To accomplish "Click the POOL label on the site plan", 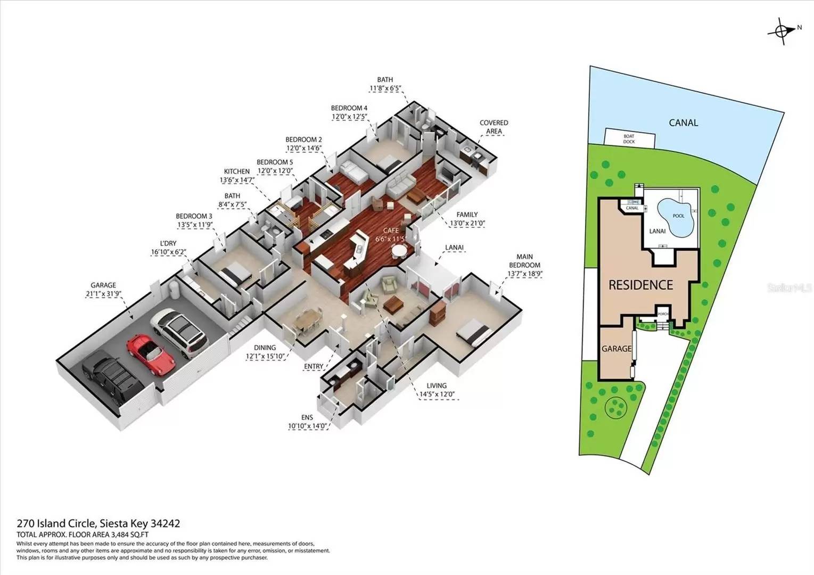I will tap(678, 216).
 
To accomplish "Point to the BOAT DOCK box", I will tap(629, 139).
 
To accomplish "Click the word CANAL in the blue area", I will tap(683, 123).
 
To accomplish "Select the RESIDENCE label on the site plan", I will tap(640, 285).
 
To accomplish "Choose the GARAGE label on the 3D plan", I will tap(103, 285).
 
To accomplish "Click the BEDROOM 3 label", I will tap(194, 216).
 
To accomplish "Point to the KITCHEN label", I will tap(236, 171).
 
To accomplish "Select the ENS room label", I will tap(307, 417).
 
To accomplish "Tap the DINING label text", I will tap(265, 348).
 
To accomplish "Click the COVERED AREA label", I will tap(494, 127).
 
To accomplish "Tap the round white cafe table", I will tap(399, 250).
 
